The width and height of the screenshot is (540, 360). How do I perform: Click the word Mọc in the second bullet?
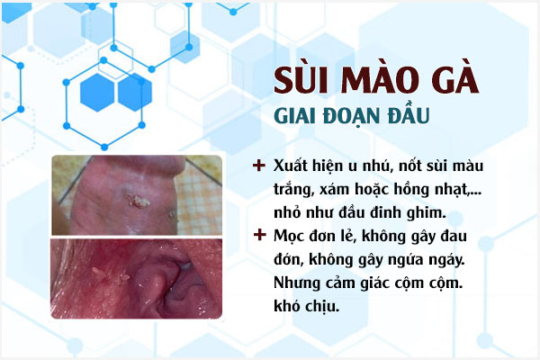[x=290, y=238]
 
